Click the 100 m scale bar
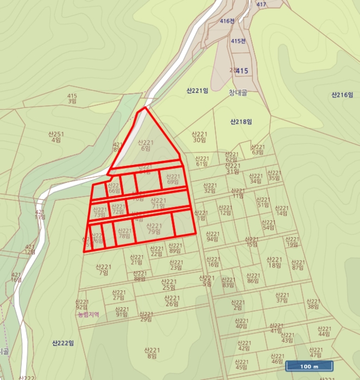tap(308, 366)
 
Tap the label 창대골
tap(238, 93)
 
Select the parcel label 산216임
tap(342, 95)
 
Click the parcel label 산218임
tap(241, 122)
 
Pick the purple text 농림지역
tap(88, 314)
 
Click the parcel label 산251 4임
tap(56, 137)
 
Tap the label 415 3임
tap(72, 99)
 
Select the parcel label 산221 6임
tap(146, 145)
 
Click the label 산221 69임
tap(173, 179)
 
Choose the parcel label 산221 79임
tap(154, 229)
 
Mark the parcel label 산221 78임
tap(124, 233)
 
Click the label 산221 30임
tap(199, 137)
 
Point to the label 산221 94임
tap(212, 236)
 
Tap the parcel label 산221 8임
tap(151, 353)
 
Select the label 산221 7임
tap(103, 270)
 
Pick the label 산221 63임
tap(257, 149)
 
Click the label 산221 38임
tap(313, 303)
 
